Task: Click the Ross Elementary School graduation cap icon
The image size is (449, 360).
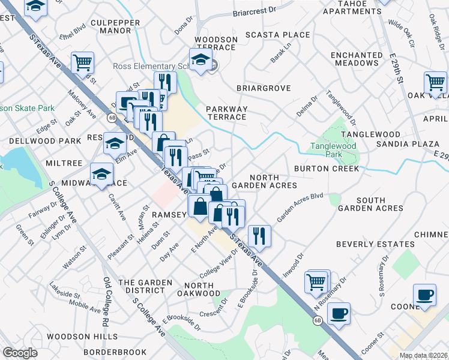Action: coord(200,59)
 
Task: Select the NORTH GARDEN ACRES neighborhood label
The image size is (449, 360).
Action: coord(264,181)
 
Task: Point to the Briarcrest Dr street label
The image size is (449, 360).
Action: coord(254,11)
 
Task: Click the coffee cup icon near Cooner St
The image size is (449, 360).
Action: coord(339,314)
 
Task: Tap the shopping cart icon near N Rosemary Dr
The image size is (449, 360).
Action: coord(316,281)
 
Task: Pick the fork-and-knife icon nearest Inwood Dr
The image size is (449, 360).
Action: coord(259,236)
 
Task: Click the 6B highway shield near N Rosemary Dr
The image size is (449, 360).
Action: coord(318,321)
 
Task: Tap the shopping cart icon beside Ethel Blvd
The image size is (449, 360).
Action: coord(82,62)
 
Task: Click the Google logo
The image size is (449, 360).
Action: coord(20,352)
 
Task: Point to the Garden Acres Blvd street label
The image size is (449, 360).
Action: coord(300,206)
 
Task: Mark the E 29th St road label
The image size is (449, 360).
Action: coord(394,69)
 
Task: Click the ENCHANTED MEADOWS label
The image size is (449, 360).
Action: coord(357,59)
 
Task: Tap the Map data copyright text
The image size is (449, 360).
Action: coord(422,355)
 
